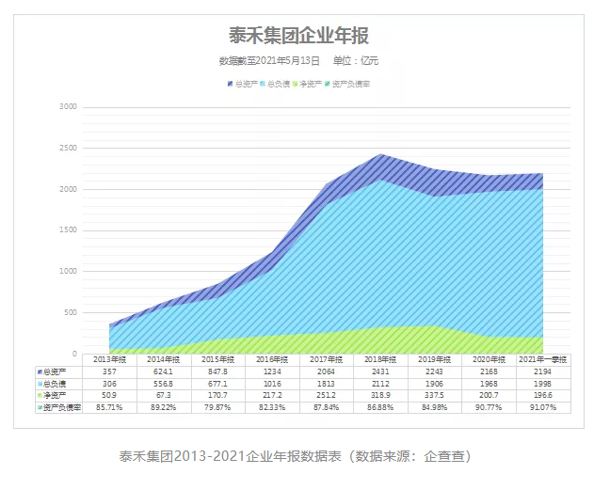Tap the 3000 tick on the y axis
point(68,107)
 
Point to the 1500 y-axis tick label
point(68,230)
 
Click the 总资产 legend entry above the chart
point(243,86)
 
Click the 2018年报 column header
point(380,359)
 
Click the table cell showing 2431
point(380,371)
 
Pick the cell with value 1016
point(271,384)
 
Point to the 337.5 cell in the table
point(433,396)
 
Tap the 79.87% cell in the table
point(216,408)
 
